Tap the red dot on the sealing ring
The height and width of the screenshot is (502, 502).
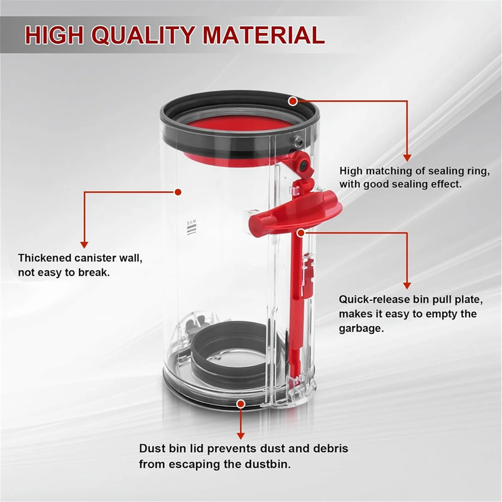[293, 101]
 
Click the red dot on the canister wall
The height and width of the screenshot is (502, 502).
[178, 192]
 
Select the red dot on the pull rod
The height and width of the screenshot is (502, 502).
[300, 233]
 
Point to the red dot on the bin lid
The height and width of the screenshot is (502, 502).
[241, 404]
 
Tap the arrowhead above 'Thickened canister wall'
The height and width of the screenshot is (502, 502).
[85, 244]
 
